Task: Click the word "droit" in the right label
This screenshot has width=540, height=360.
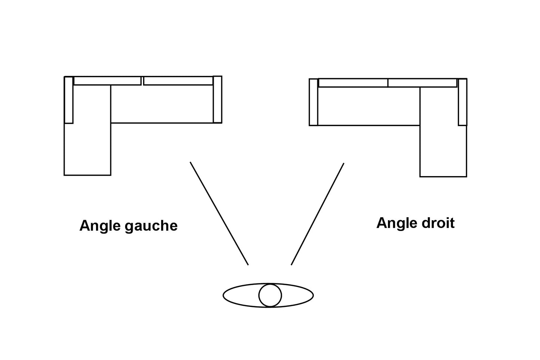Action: coord(437,223)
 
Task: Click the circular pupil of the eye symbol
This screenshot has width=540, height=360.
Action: coord(270,295)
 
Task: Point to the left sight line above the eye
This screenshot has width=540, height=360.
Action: coord(219,213)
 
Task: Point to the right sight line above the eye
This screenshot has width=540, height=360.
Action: coord(318,214)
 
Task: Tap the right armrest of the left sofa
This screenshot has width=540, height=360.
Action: coord(217,99)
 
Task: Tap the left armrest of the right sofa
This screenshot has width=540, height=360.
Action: coord(314,102)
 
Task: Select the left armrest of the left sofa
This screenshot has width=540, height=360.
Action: coord(69,100)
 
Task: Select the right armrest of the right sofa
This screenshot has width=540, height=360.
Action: coord(463,102)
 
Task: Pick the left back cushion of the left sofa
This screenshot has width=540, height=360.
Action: coord(107,81)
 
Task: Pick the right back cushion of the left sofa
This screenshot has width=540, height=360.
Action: coord(178,81)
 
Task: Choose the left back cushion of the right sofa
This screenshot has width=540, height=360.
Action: coord(353,83)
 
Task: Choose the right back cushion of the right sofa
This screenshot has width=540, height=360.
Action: coord(423,83)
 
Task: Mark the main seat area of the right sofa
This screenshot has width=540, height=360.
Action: coord(368,106)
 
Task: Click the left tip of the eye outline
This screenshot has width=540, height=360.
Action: coord(224,295)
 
